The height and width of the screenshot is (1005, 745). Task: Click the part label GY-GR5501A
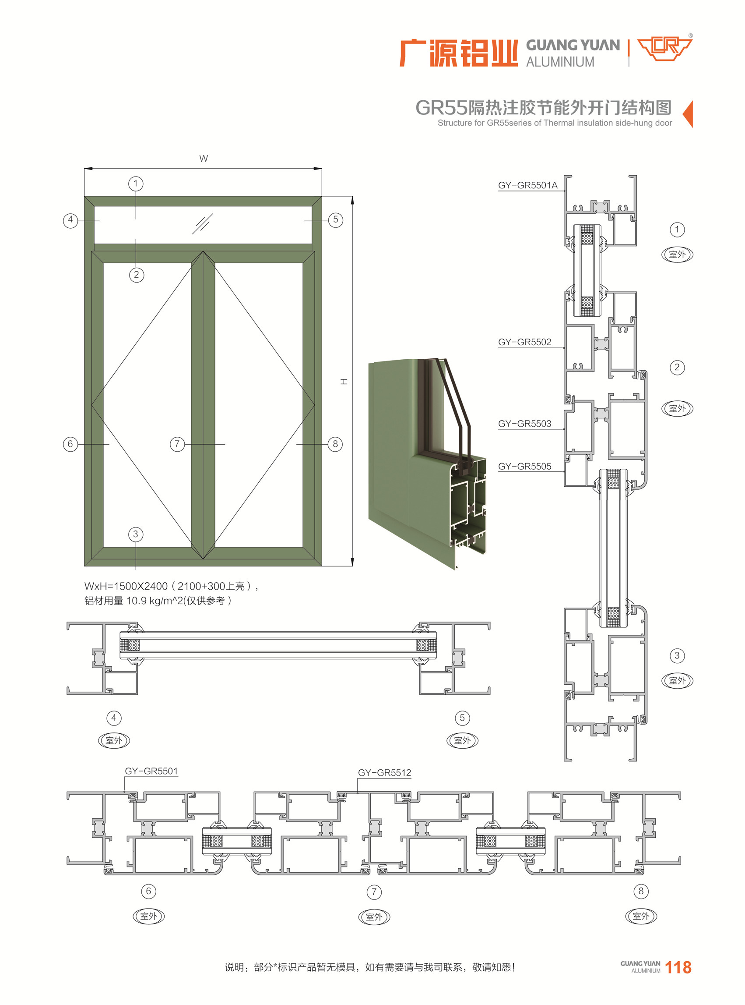click(527, 185)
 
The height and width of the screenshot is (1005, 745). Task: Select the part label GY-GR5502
click(524, 342)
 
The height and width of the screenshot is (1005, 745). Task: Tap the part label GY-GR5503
click(524, 424)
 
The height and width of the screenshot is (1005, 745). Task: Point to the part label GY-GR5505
click(524, 467)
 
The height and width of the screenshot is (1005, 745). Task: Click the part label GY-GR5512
click(385, 773)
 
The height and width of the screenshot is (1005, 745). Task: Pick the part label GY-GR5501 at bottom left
click(151, 771)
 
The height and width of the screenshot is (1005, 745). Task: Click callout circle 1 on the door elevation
click(136, 184)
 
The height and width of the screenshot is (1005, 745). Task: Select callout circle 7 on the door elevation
click(177, 444)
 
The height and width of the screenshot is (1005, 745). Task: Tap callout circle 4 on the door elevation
click(70, 220)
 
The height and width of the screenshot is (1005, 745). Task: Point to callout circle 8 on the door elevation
click(335, 444)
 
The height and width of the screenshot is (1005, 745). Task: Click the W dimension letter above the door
click(204, 159)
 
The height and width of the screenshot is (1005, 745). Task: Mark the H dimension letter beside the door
click(344, 382)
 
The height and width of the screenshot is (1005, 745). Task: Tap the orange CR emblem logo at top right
click(665, 49)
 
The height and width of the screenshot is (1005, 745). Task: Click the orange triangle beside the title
click(688, 114)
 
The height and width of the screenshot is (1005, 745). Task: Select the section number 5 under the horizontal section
click(462, 718)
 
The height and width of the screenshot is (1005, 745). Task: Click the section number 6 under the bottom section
click(149, 891)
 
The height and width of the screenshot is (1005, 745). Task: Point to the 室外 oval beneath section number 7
click(374, 917)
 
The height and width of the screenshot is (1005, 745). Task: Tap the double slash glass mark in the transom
click(203, 223)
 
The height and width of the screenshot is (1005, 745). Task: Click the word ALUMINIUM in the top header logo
click(560, 62)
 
